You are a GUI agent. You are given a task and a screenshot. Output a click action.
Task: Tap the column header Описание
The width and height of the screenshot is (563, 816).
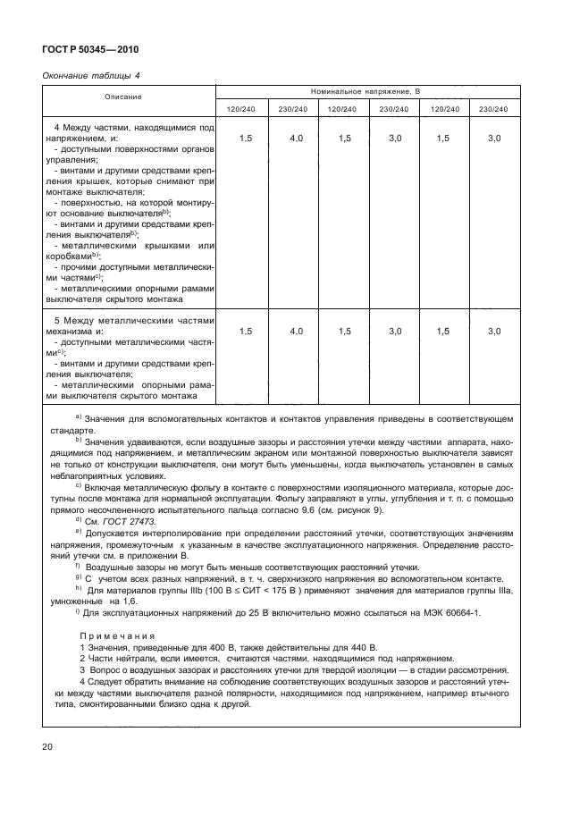[127, 96]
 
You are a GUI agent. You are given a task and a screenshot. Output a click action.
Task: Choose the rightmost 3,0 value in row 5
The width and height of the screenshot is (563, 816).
[494, 332]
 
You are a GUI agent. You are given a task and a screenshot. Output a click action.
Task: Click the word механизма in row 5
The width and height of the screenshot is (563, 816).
[71, 331]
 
